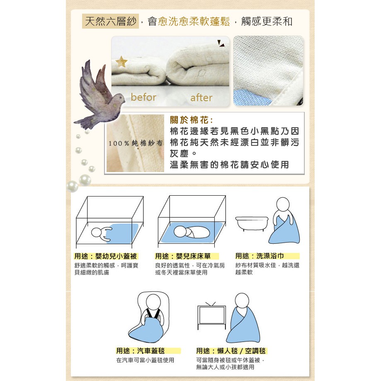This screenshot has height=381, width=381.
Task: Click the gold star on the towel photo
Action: click(121, 62)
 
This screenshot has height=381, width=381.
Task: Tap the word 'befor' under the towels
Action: click(143, 97)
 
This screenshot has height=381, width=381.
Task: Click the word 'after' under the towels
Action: click(201, 98)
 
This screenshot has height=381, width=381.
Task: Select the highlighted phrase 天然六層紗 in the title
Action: click(111, 22)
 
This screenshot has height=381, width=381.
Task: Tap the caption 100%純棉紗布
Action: click(135, 143)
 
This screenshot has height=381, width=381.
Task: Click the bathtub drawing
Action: click(252, 223)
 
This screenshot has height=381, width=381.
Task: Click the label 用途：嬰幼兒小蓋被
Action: click(106, 256)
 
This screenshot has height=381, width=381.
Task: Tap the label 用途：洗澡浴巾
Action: click(260, 256)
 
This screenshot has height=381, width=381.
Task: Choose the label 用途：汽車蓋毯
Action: click(141, 351)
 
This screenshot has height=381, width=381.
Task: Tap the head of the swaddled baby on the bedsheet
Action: click(180, 232)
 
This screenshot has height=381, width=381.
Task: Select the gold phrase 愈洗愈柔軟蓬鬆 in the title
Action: click(194, 22)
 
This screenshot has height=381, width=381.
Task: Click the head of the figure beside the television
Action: click(242, 300)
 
